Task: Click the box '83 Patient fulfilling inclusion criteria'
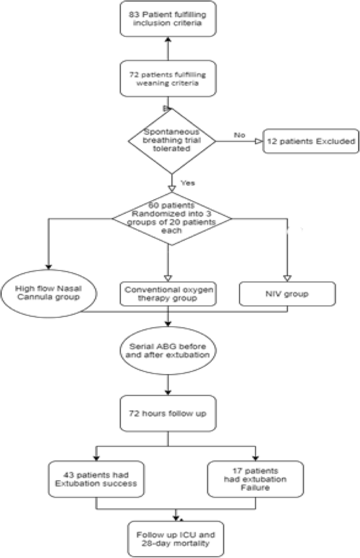[168, 19]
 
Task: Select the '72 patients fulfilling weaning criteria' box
[168, 79]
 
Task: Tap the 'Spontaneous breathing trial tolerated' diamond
[172, 140]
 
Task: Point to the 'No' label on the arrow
[240, 135]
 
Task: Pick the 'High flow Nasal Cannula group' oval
[48, 293]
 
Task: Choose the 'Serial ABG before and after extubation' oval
[168, 355]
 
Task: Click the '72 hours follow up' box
[168, 413]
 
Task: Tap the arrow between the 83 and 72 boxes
[168, 49]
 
